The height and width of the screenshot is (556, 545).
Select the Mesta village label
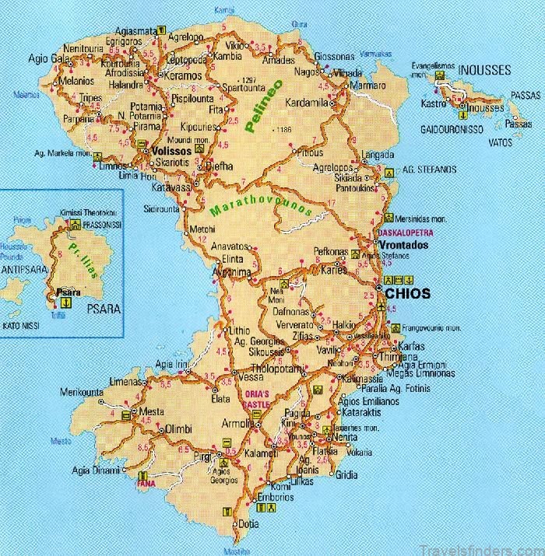coord(153,413)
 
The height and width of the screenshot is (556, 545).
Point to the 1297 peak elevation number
coord(248,80)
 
